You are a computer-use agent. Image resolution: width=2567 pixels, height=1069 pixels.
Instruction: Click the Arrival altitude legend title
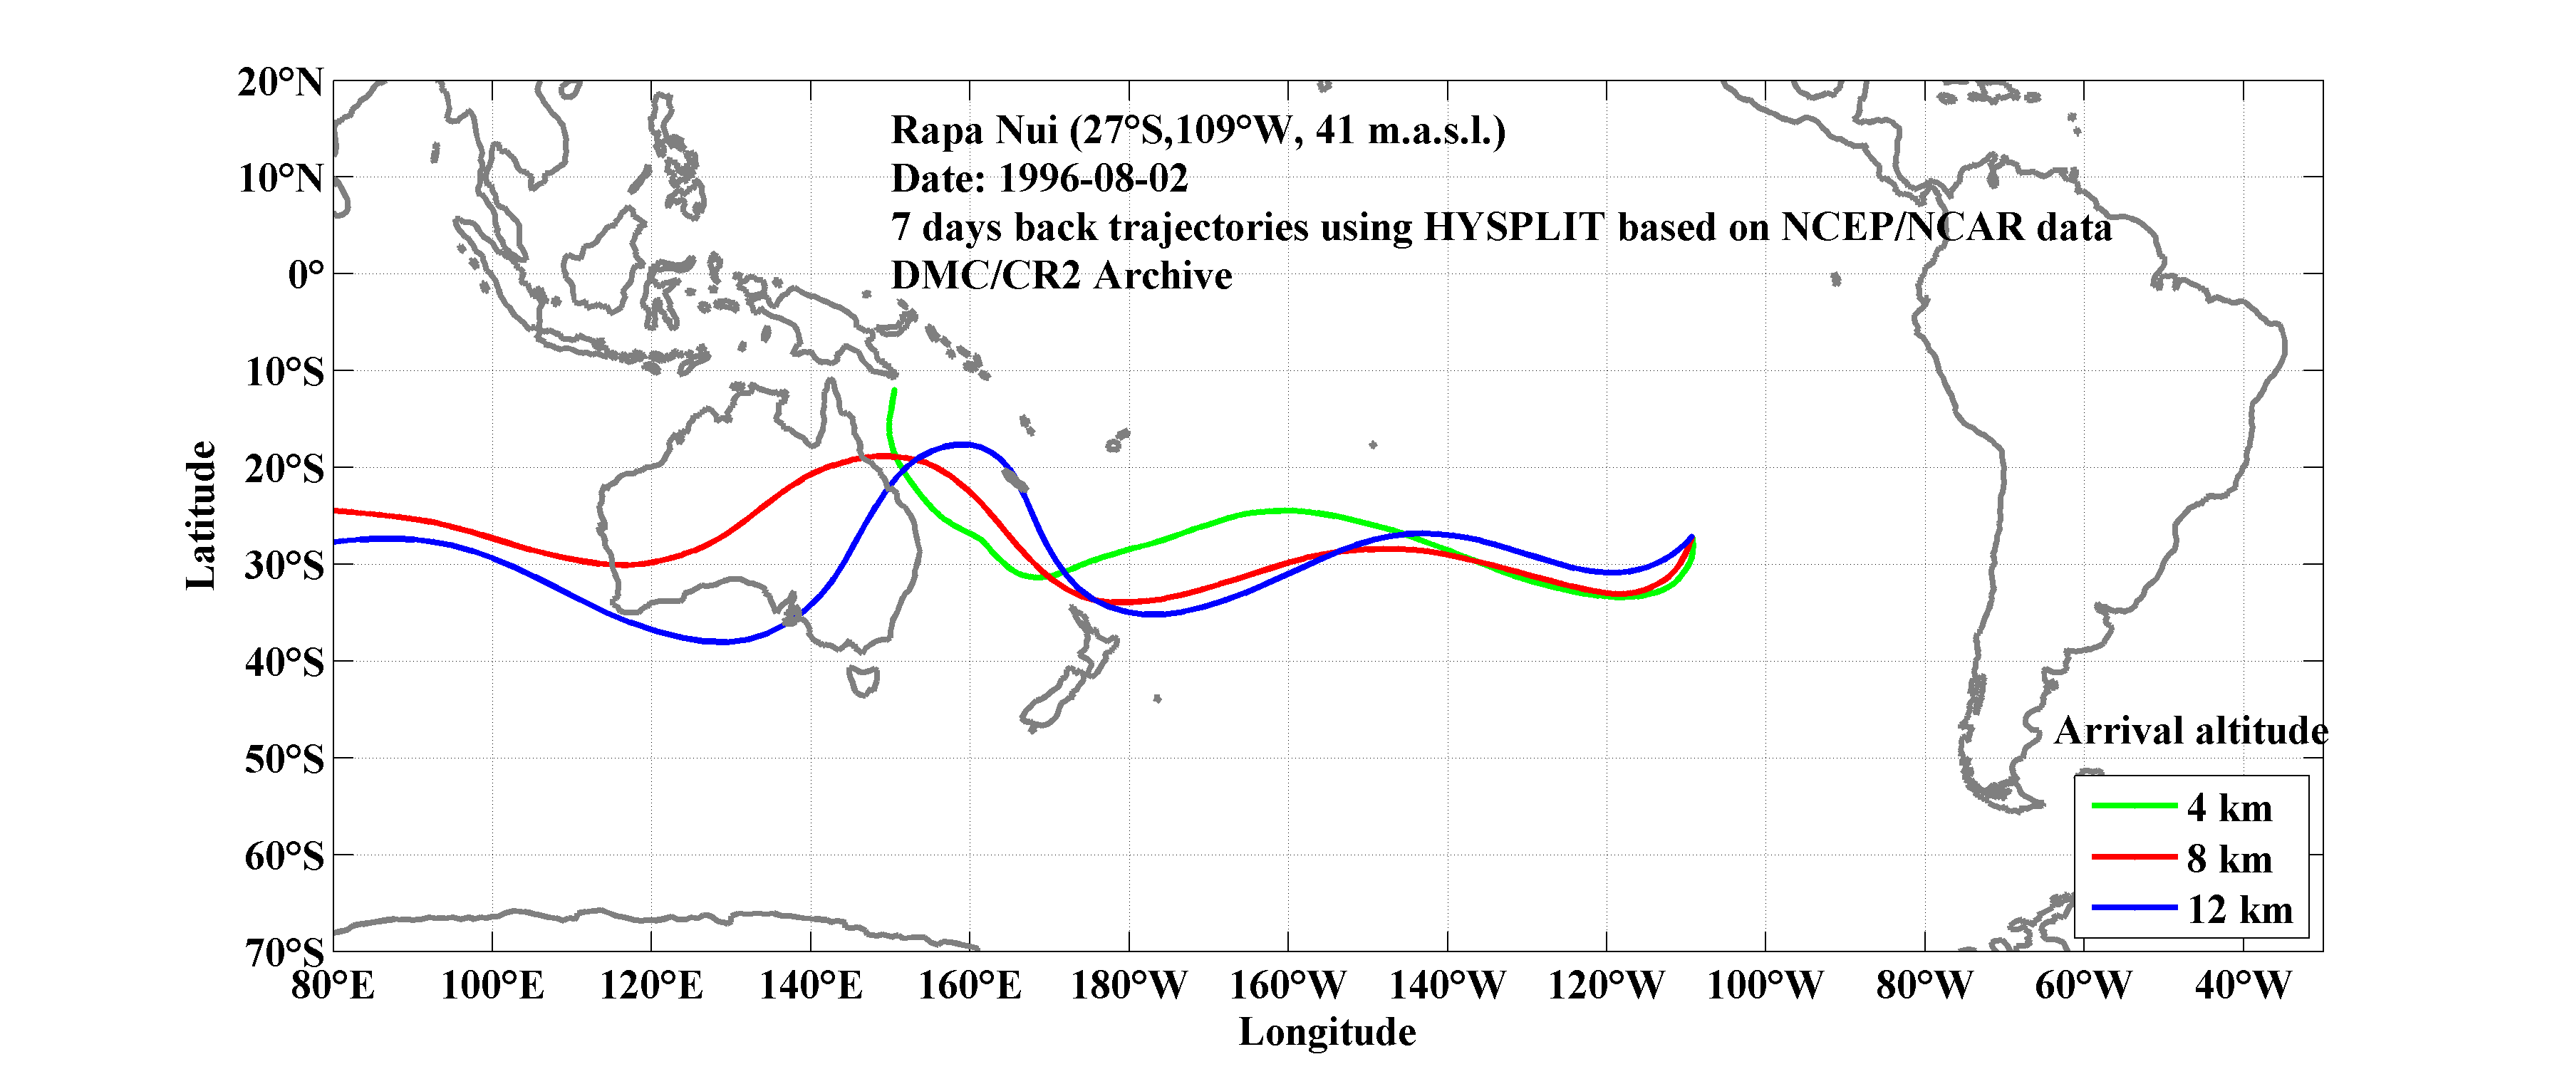pyautogui.click(x=2190, y=730)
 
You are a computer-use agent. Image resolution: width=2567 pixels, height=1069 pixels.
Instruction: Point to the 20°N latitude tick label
pyautogui.click(x=281, y=82)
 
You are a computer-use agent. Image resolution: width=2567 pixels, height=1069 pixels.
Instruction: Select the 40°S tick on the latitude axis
pyautogui.click(x=285, y=662)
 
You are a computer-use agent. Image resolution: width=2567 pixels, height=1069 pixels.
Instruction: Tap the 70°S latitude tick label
pyautogui.click(x=285, y=952)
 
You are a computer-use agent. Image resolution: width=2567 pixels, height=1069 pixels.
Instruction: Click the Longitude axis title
pyautogui.click(x=1327, y=1032)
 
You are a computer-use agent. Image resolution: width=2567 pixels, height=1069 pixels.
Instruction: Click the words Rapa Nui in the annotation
pyautogui.click(x=974, y=130)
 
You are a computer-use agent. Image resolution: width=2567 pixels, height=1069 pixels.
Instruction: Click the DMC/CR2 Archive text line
pyautogui.click(x=1062, y=276)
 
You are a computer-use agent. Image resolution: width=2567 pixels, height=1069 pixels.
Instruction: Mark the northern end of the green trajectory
pyautogui.click(x=894, y=390)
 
